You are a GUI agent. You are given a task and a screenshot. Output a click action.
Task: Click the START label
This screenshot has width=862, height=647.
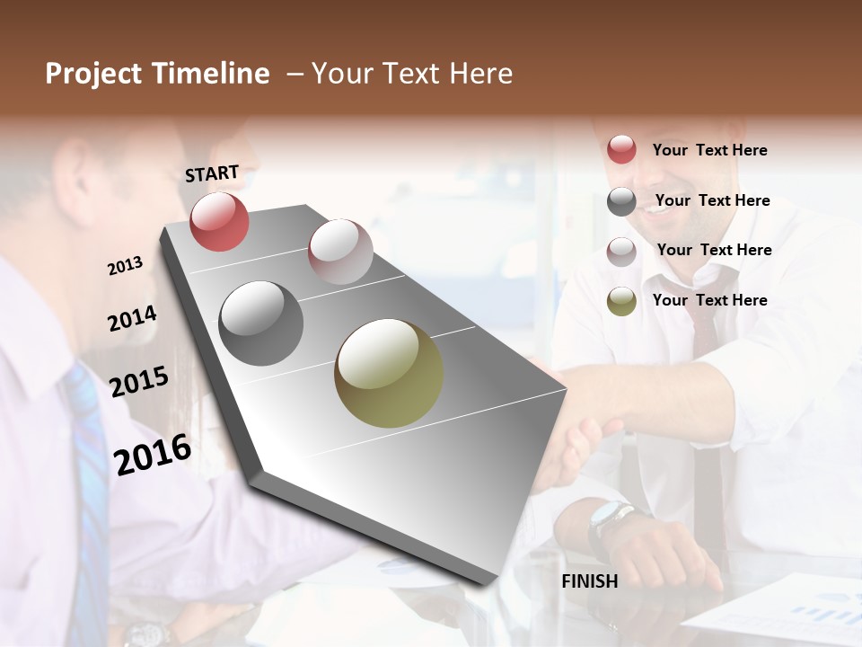tap(212, 173)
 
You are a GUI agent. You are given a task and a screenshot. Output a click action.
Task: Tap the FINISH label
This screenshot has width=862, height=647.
tap(590, 581)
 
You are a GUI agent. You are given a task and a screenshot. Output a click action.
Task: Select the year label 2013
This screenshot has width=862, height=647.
tap(125, 265)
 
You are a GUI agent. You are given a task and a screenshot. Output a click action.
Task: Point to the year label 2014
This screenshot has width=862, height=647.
tap(132, 318)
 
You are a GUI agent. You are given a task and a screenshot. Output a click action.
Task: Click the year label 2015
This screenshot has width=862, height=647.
tap(139, 382)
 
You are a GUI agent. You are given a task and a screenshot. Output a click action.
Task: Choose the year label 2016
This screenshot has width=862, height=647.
tap(153, 454)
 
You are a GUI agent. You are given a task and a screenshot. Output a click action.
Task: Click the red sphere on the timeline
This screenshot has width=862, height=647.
tap(219, 221)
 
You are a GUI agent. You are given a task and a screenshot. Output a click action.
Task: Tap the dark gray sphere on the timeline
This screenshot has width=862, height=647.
tap(261, 323)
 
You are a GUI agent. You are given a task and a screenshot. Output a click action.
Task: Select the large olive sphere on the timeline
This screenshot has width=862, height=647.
tap(389, 373)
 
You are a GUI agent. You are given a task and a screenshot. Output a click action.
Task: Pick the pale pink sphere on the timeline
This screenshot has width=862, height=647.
tap(340, 252)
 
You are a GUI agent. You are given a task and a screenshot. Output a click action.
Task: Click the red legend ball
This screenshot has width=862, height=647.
tap(621, 149)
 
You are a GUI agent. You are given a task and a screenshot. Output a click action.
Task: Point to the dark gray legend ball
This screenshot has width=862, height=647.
tap(621, 201)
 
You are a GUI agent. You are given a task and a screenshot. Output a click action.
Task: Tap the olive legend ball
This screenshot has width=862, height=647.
tap(621, 302)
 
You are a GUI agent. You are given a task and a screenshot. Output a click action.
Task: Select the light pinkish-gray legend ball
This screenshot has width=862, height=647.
tap(621, 252)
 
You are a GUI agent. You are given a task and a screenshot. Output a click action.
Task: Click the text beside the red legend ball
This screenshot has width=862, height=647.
tap(709, 150)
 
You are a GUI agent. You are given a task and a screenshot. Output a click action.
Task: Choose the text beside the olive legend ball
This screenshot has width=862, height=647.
tap(709, 300)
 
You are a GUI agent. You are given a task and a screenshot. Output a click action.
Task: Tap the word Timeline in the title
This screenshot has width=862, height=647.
tap(211, 74)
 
